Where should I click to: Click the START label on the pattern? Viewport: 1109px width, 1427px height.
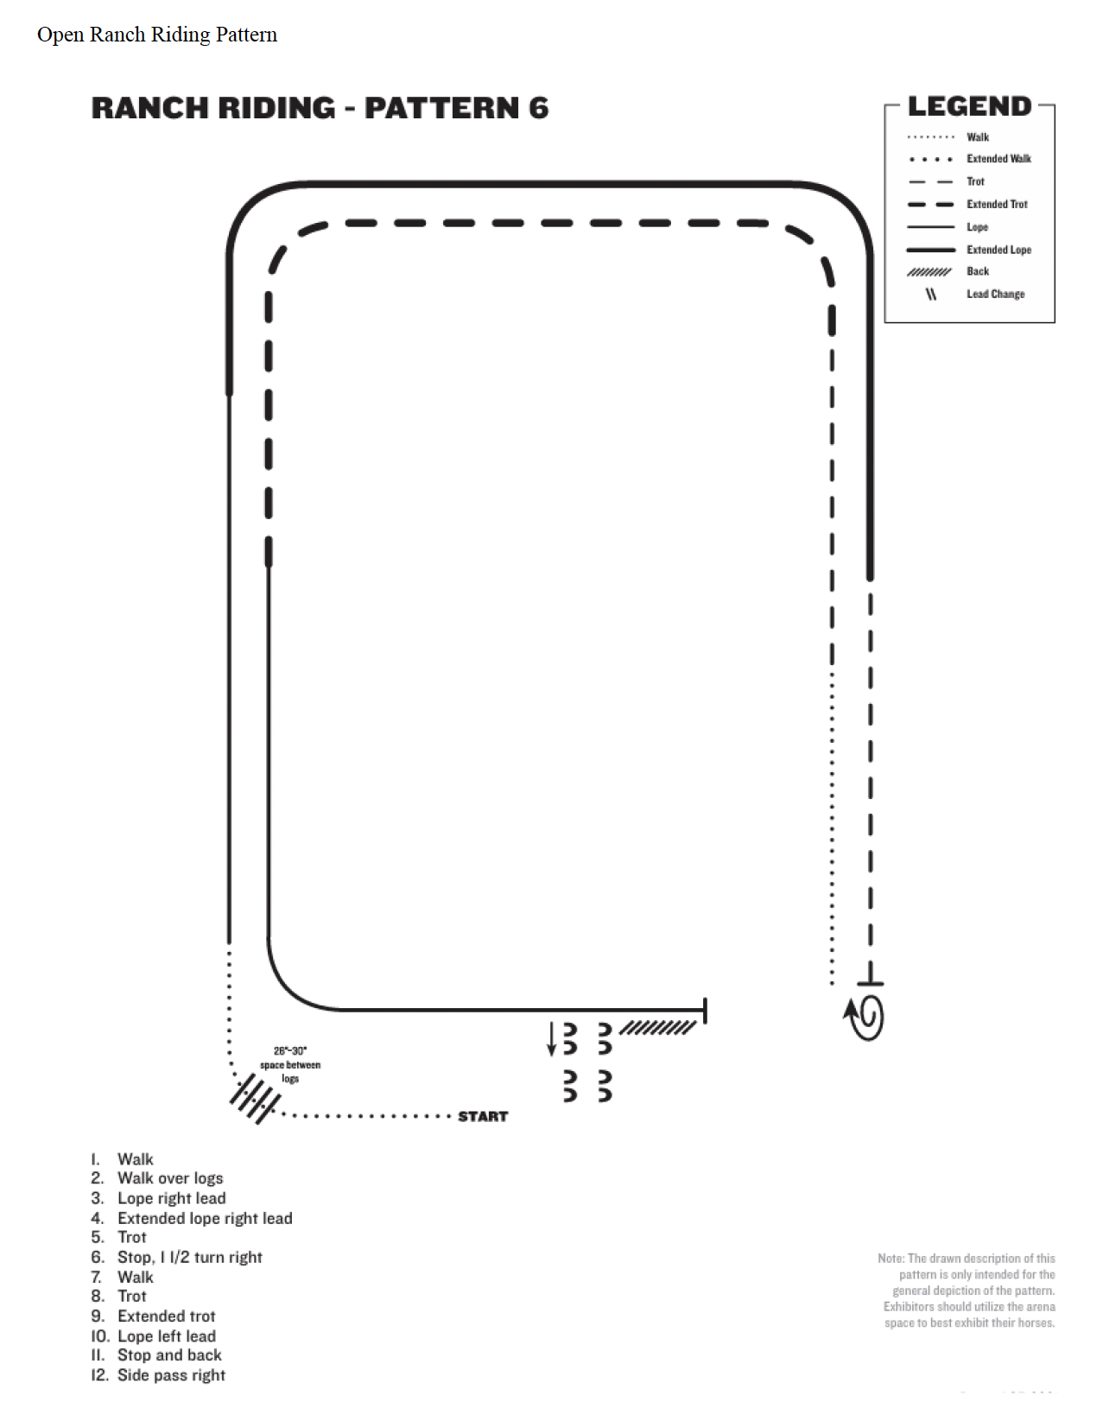click(483, 1116)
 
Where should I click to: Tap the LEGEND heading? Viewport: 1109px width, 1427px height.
click(969, 106)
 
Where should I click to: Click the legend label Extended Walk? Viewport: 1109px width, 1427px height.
click(998, 159)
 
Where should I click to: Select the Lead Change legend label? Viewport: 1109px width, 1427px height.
click(995, 295)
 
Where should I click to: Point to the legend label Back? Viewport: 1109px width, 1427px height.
click(978, 271)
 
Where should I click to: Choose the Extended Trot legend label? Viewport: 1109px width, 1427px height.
click(997, 204)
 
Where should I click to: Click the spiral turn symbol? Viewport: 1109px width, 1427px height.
click(865, 1018)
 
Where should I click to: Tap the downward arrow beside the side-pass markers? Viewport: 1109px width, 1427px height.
click(552, 1039)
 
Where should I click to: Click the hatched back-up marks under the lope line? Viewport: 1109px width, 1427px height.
click(657, 1027)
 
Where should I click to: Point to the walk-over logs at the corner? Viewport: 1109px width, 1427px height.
click(255, 1099)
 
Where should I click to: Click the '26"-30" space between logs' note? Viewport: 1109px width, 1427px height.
click(290, 1064)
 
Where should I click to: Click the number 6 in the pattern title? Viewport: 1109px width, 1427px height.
click(538, 108)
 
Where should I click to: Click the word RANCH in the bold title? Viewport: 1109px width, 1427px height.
click(149, 108)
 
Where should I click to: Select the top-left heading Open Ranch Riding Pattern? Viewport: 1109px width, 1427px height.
click(157, 35)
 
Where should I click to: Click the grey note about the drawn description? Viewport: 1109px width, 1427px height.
click(966, 1291)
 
